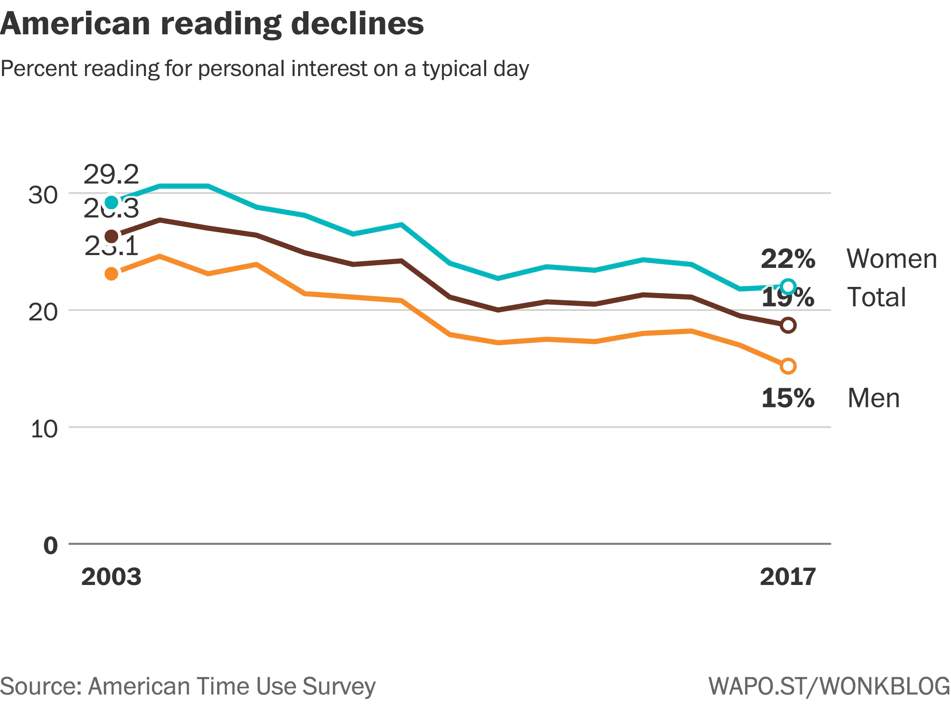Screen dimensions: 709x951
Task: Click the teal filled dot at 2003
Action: coord(112,202)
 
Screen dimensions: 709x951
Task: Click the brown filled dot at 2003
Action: coord(112,236)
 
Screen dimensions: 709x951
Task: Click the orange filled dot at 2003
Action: coord(112,274)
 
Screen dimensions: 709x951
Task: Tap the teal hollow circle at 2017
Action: coord(788,286)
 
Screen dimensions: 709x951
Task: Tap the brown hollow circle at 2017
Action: coord(788,325)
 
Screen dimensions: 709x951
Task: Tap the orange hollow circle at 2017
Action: coord(788,366)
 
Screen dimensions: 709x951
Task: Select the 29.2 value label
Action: coord(111,175)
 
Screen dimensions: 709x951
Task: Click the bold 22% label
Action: coord(788,259)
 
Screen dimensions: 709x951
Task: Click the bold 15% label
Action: coord(788,398)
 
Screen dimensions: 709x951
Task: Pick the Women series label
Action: coord(891,259)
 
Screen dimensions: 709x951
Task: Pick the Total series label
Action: coord(876,297)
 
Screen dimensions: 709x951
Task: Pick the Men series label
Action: coord(873,398)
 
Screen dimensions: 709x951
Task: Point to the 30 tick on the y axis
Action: coord(43,195)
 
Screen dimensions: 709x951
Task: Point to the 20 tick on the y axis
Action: coord(43,312)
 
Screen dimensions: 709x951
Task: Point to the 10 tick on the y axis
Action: coord(44,429)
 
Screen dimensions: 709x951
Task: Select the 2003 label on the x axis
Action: coord(111,576)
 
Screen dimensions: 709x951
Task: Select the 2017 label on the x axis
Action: coord(788,576)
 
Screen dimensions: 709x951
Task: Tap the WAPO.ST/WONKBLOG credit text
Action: coord(829,686)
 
